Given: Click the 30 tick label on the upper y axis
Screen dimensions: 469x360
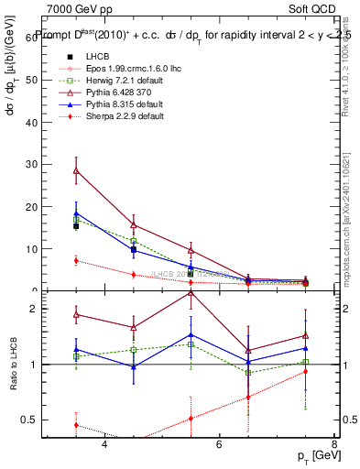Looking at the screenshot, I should click(x=36, y=164).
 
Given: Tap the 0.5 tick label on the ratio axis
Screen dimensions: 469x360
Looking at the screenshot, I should click(x=33, y=420).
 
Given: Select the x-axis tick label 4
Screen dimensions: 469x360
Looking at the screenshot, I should click(x=104, y=445).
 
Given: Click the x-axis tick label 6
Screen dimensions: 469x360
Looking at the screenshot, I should click(x=219, y=445).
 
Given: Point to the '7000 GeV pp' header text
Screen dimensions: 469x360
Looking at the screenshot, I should click(x=74, y=8).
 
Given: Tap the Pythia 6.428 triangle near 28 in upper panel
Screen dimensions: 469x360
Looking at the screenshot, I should click(x=76, y=170).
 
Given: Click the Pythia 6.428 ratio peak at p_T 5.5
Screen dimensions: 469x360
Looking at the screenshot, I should click(x=191, y=291).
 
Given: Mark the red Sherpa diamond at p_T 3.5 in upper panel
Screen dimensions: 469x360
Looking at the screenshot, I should click(x=76, y=260).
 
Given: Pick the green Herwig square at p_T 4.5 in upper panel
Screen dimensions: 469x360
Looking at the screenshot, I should click(x=134, y=240).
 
